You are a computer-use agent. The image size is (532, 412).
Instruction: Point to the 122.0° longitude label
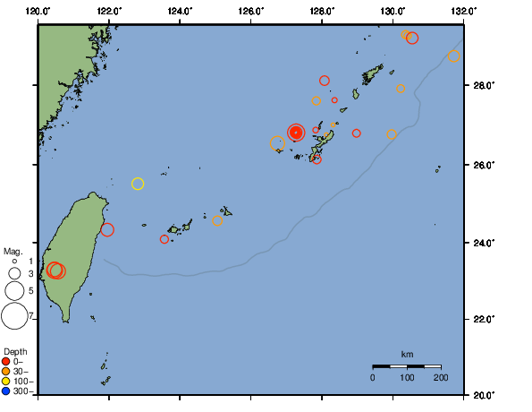click(x=109, y=10)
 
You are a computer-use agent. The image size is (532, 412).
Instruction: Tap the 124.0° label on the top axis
click(x=180, y=10)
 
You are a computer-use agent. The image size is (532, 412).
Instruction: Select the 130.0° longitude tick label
click(x=393, y=10)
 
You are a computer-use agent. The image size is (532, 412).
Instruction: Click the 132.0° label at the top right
click(x=463, y=10)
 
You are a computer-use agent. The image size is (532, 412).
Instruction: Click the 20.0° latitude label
click(x=483, y=394)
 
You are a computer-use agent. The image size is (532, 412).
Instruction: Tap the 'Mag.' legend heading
click(x=13, y=252)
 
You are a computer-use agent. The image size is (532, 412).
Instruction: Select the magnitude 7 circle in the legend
click(x=14, y=316)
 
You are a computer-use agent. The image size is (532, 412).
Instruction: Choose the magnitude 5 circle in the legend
click(x=14, y=291)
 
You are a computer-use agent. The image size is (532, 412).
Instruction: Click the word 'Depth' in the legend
click(x=15, y=351)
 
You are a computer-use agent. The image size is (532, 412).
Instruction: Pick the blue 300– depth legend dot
click(x=6, y=391)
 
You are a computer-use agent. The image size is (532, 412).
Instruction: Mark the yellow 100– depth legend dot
click(x=6, y=382)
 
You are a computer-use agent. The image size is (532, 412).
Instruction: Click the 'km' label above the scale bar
click(x=407, y=356)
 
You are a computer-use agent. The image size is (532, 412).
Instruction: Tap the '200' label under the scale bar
click(x=441, y=378)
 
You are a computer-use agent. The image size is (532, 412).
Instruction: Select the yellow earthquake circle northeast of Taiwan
click(x=138, y=184)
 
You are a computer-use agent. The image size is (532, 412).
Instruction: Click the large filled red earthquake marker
click(x=296, y=133)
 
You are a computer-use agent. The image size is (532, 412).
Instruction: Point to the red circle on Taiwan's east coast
click(x=107, y=230)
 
